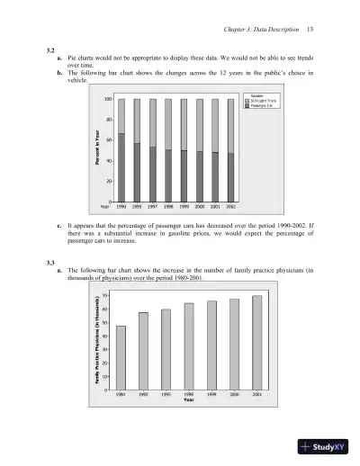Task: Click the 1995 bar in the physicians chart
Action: click(166, 349)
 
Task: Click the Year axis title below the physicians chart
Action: click(188, 400)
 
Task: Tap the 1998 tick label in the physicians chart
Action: click(189, 394)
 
